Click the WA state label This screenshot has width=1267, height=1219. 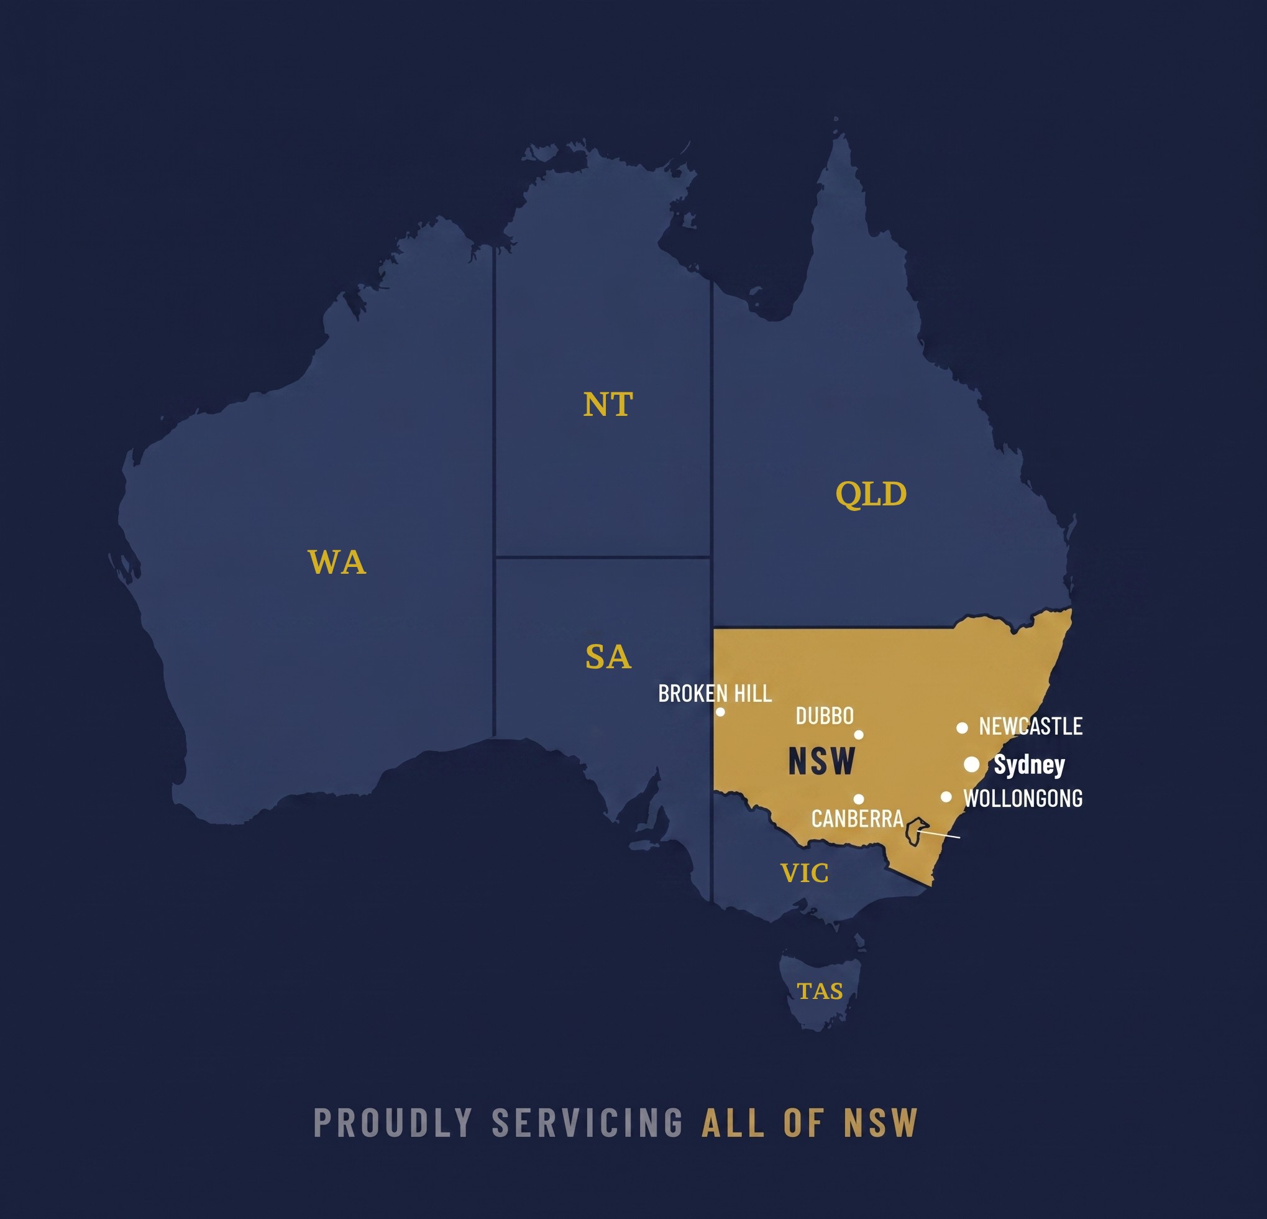[x=337, y=562]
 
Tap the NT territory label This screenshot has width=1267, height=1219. [x=608, y=404]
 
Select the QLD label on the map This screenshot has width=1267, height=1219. [x=871, y=494]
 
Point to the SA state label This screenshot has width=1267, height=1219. [x=608, y=657]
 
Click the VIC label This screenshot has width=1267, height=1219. [x=804, y=873]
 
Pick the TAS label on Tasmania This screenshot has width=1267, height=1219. [x=820, y=991]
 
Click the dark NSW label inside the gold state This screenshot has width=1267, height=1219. [x=821, y=761]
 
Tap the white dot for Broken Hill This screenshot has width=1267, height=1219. [x=720, y=712]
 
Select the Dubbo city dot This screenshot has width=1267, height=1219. [x=859, y=735]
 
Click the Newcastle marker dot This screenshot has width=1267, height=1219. [x=962, y=728]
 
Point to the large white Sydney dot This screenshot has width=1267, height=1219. [x=971, y=765]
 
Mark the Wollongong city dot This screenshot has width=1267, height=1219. [x=946, y=797]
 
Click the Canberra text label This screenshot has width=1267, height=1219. [x=857, y=819]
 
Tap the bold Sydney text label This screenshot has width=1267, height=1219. [x=1029, y=765]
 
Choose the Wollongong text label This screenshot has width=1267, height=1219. [x=1023, y=799]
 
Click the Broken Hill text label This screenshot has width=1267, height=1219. [x=715, y=694]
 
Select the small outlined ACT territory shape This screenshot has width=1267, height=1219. [x=915, y=832]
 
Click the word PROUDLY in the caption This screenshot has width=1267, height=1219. [x=393, y=1123]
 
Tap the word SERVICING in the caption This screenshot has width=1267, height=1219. [x=587, y=1123]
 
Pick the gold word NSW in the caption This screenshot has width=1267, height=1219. [x=880, y=1123]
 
